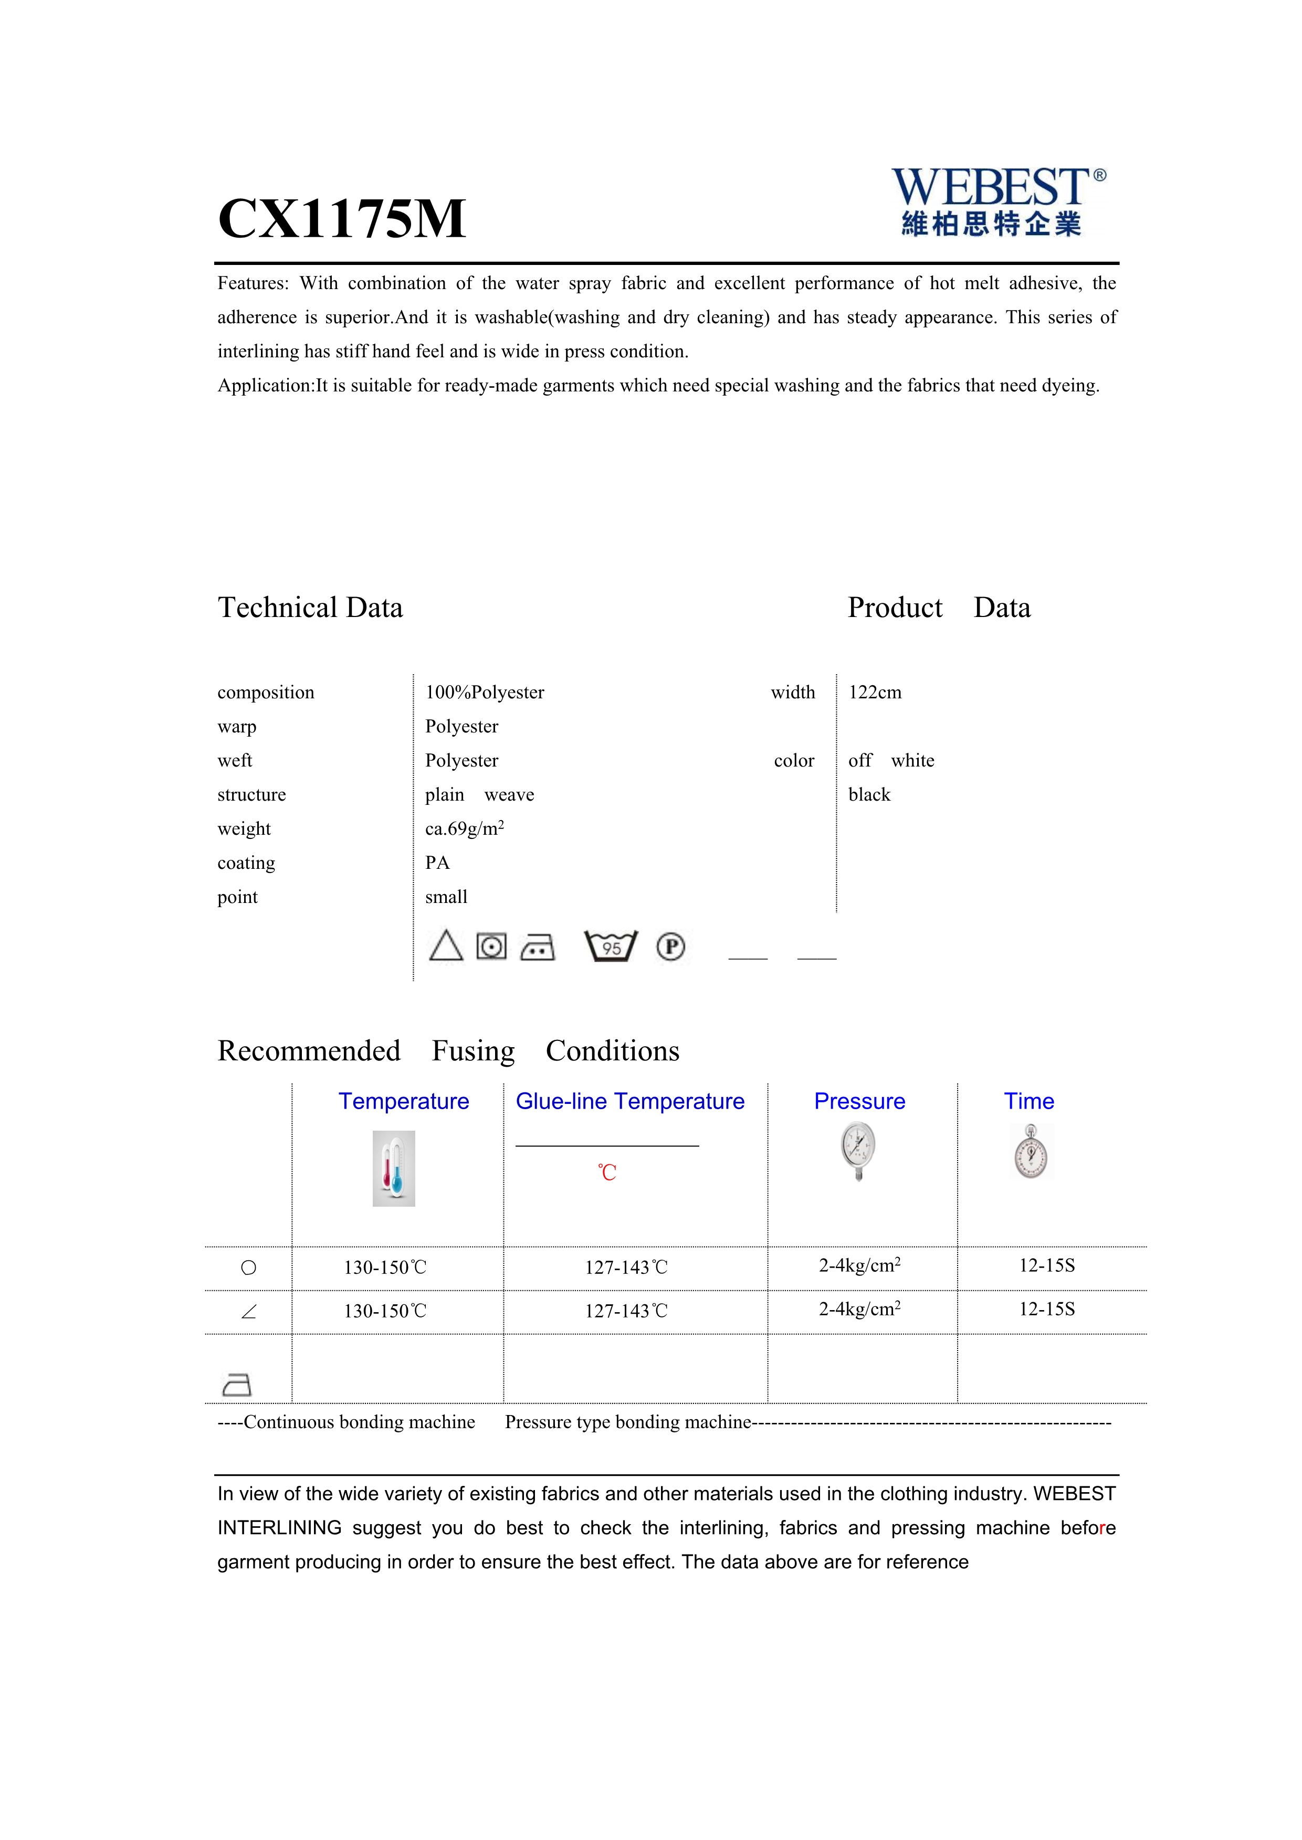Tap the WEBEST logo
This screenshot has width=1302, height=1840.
click(997, 201)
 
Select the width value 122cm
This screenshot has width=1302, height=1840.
click(875, 693)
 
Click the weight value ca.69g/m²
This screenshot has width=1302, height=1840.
click(464, 828)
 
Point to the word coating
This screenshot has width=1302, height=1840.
click(246, 863)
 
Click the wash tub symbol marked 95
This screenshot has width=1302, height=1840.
click(611, 946)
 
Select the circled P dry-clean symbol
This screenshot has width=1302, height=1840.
click(670, 946)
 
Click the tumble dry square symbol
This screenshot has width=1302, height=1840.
click(491, 946)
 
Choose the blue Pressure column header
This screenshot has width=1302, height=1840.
click(859, 1101)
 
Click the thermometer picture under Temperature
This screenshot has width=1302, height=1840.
click(394, 1168)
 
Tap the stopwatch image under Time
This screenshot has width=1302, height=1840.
click(1030, 1152)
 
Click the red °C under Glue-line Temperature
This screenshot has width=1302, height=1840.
click(607, 1173)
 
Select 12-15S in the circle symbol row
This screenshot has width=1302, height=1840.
click(1046, 1265)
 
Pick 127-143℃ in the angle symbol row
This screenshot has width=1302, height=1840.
click(625, 1311)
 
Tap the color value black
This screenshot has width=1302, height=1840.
click(869, 795)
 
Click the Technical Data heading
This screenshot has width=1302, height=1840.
click(310, 608)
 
